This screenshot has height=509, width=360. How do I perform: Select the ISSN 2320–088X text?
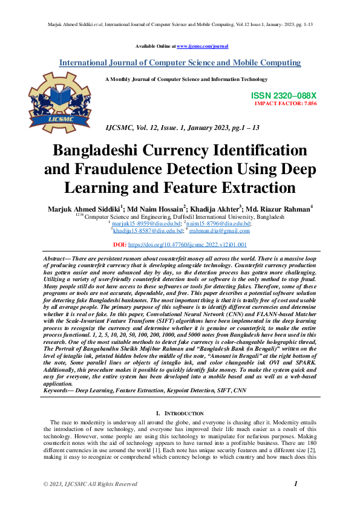tap(284, 96)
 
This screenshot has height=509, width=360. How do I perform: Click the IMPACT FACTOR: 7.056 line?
tap(286, 103)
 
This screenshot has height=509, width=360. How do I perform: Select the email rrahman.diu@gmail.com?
tap(219, 230)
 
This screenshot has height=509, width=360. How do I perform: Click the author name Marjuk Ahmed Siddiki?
tap(83, 209)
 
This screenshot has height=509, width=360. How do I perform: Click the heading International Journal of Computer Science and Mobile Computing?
tap(180, 63)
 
